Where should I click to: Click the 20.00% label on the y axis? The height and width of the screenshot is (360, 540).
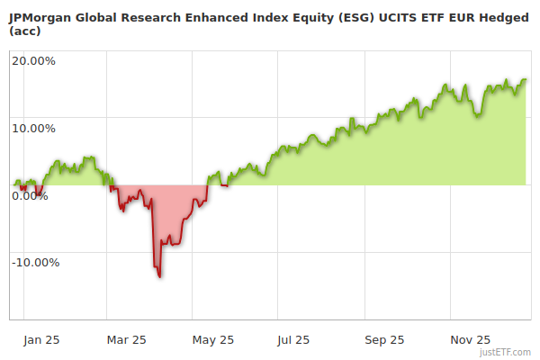click(33, 61)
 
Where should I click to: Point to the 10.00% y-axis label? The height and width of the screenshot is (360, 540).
click(33, 128)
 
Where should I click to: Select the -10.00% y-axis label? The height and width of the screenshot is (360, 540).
click(35, 263)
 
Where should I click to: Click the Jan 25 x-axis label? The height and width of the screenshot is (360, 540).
click(42, 340)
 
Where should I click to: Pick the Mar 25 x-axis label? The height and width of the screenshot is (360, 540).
click(126, 340)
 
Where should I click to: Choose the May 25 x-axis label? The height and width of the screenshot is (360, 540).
click(213, 340)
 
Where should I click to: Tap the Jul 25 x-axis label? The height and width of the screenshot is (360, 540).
click(294, 340)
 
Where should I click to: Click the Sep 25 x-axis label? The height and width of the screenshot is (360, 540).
click(385, 340)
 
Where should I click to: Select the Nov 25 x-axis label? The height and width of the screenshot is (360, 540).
click(471, 340)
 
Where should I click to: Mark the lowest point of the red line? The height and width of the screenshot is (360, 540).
click(160, 276)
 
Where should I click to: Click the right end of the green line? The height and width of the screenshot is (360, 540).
click(526, 79)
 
